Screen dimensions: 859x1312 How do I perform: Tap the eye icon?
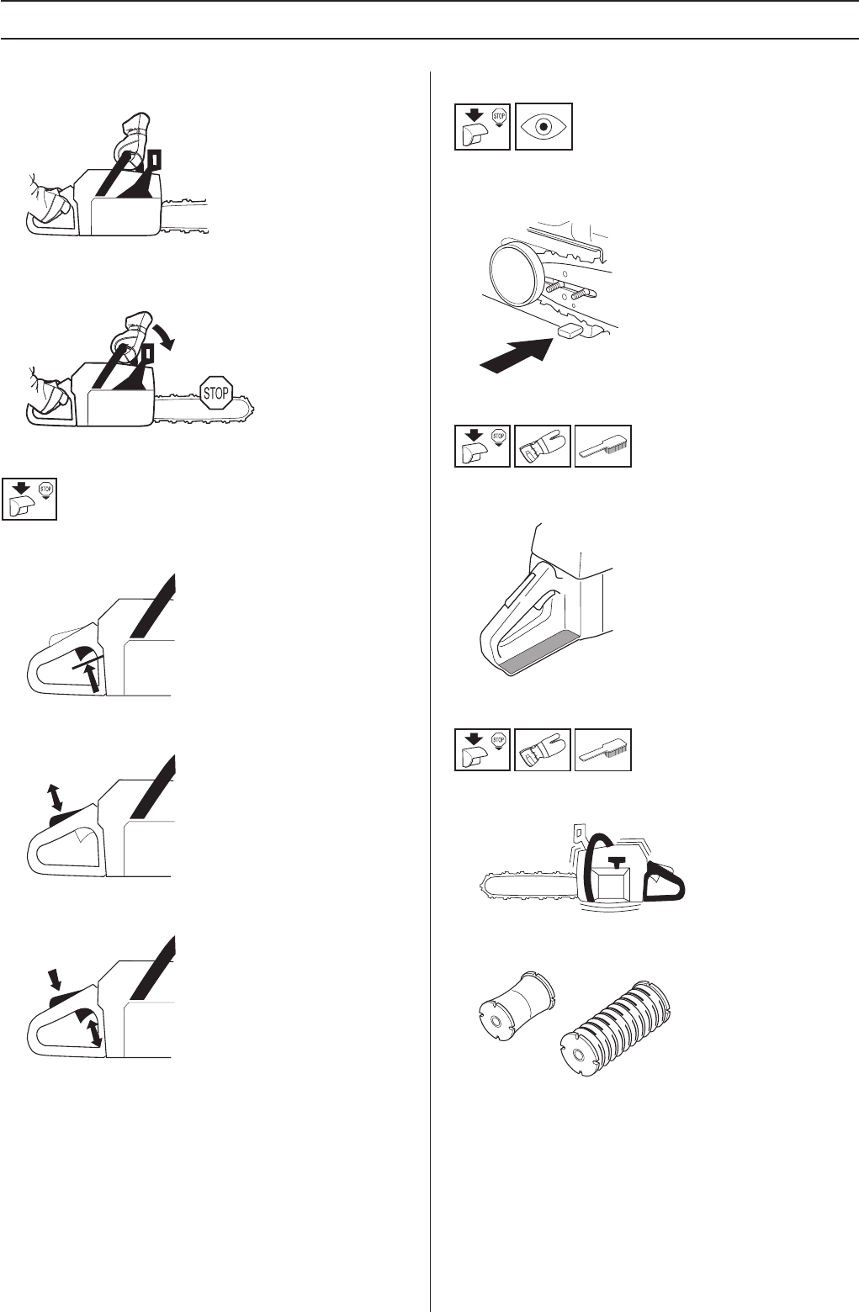(544, 126)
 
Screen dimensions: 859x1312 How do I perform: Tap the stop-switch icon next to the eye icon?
(482, 126)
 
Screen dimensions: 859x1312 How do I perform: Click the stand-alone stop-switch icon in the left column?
(29, 500)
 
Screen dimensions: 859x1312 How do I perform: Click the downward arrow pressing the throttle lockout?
(56, 979)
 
